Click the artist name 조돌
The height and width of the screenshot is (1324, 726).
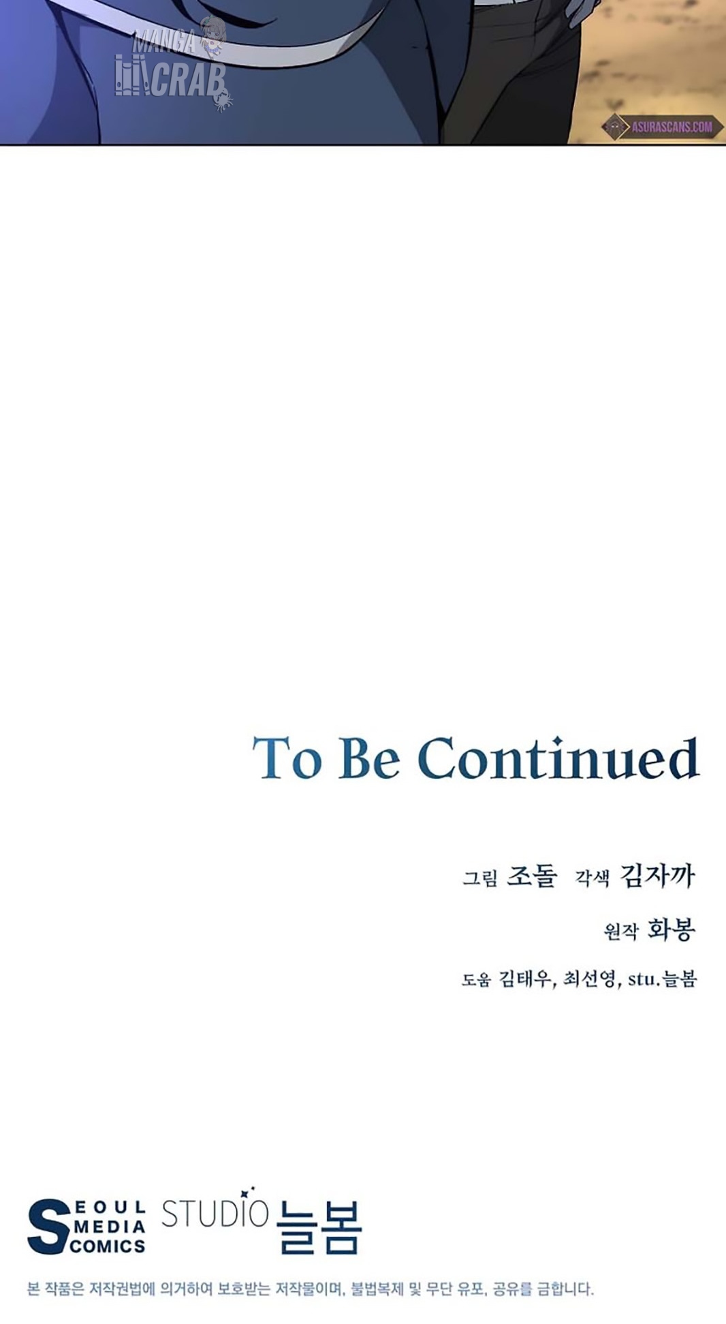click(x=532, y=876)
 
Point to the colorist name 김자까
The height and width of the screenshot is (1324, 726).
click(x=657, y=876)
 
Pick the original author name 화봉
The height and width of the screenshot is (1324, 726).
click(x=671, y=929)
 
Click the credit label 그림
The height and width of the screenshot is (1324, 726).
click(x=480, y=878)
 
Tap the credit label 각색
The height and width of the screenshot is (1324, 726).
click(x=592, y=878)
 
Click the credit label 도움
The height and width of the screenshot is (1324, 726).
click(x=476, y=980)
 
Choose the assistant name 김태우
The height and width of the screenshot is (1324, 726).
click(x=525, y=979)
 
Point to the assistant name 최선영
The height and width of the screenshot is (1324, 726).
click(x=590, y=979)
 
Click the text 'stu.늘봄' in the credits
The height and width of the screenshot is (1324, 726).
click(x=662, y=979)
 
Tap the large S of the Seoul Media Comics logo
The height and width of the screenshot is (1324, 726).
click(x=49, y=1227)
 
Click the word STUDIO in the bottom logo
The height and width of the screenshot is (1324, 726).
click(x=215, y=1213)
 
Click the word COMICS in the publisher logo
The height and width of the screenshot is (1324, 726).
click(x=108, y=1246)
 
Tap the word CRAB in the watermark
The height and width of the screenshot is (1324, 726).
click(x=188, y=80)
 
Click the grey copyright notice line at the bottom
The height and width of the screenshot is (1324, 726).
click(x=311, y=1289)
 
